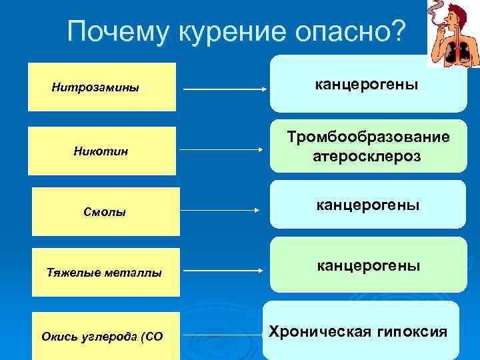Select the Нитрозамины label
[95, 87]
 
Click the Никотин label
[101, 151]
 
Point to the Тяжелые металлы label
[104, 272]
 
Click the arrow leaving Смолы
[220, 210]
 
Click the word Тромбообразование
[368, 137]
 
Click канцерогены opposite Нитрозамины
[367, 85]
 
